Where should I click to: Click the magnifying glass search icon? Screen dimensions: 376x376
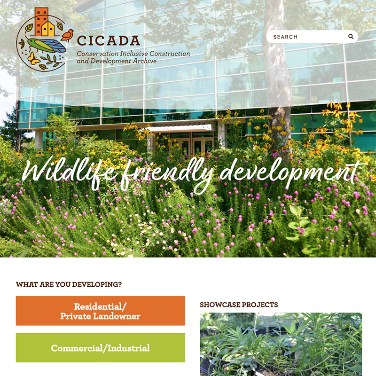coord(351,37)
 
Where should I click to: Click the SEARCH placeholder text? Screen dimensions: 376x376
coord(285,37)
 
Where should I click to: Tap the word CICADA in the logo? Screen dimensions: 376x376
coord(109,41)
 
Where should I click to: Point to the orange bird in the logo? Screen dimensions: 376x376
coord(67,35)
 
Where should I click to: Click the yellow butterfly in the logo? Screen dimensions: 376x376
coord(33,59)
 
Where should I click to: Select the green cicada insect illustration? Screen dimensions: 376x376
coord(46,45)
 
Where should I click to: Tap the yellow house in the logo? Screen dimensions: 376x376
coord(48,29)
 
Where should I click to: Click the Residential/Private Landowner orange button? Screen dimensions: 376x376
coord(101,311)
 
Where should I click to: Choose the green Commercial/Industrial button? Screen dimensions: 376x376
coord(101,348)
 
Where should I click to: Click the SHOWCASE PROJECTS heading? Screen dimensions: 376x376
coord(239,305)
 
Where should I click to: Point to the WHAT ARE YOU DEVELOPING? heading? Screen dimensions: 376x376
coord(69,284)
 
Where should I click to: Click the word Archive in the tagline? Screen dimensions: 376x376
coord(145,61)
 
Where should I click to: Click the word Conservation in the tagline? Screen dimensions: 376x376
coord(98,54)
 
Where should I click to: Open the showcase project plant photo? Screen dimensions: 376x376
coord(281,345)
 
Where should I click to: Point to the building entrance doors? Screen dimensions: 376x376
coord(192,146)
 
